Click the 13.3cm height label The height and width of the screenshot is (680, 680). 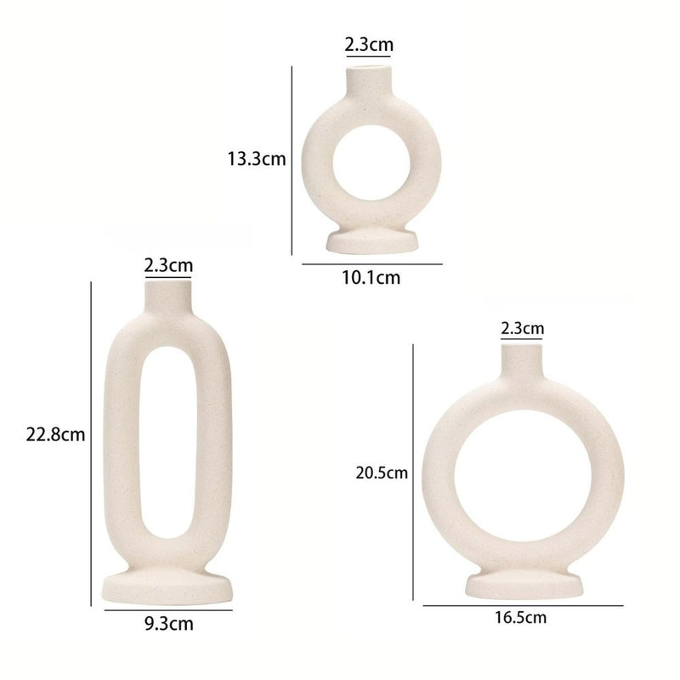point(256,159)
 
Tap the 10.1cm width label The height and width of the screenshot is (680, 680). point(371,277)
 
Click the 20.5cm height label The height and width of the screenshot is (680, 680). point(382,473)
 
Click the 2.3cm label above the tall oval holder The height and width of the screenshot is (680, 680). point(168,265)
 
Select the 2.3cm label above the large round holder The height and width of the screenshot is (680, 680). point(522,327)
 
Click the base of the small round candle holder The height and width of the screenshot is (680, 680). point(372,242)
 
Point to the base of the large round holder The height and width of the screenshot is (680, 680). point(521,585)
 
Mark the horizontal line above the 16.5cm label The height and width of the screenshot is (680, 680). point(522,605)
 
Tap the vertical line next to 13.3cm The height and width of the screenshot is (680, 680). point(292,160)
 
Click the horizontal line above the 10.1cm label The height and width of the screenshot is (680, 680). point(371,264)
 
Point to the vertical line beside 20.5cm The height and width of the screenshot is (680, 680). point(413,473)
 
